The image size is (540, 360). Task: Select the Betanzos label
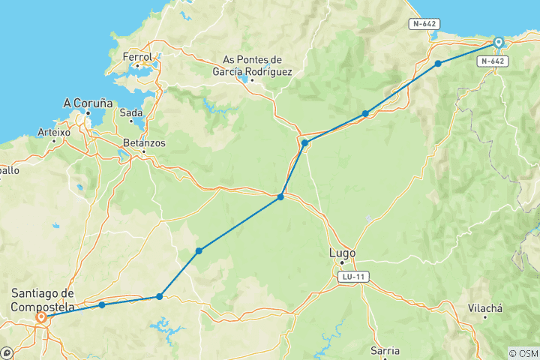144,142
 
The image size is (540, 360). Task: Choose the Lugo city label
343,253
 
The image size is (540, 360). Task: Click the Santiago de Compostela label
43,299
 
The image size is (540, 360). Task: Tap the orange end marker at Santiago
41,318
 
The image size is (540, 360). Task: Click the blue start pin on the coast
498,42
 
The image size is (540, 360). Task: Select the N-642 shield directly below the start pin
493,61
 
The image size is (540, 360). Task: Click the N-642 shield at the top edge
424,24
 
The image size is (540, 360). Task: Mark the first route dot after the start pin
438,64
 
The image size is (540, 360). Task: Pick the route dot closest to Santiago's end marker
101,305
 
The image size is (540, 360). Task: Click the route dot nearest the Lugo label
280,197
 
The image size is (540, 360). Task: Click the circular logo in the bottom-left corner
7,352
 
